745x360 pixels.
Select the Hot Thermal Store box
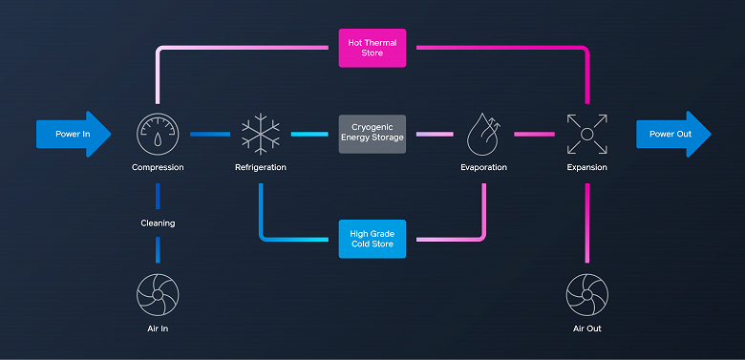[x=372, y=48]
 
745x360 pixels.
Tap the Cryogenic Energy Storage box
[x=372, y=135]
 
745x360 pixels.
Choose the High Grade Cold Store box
[x=372, y=238]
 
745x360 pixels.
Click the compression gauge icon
[x=158, y=135]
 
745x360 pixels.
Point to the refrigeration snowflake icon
[x=260, y=135]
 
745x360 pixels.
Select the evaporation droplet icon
[x=483, y=135]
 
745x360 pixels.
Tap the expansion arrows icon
[x=585, y=135]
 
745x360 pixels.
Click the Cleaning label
[x=158, y=222]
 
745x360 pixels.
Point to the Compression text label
[x=158, y=168]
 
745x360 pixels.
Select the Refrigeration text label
[x=260, y=168]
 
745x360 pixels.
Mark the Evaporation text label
[x=483, y=168]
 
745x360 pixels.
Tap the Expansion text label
[x=585, y=168]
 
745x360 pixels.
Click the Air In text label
[x=158, y=328]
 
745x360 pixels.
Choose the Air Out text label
[x=585, y=328]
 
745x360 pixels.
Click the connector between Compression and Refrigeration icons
[x=209, y=135]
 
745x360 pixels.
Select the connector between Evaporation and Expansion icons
[x=534, y=135]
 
